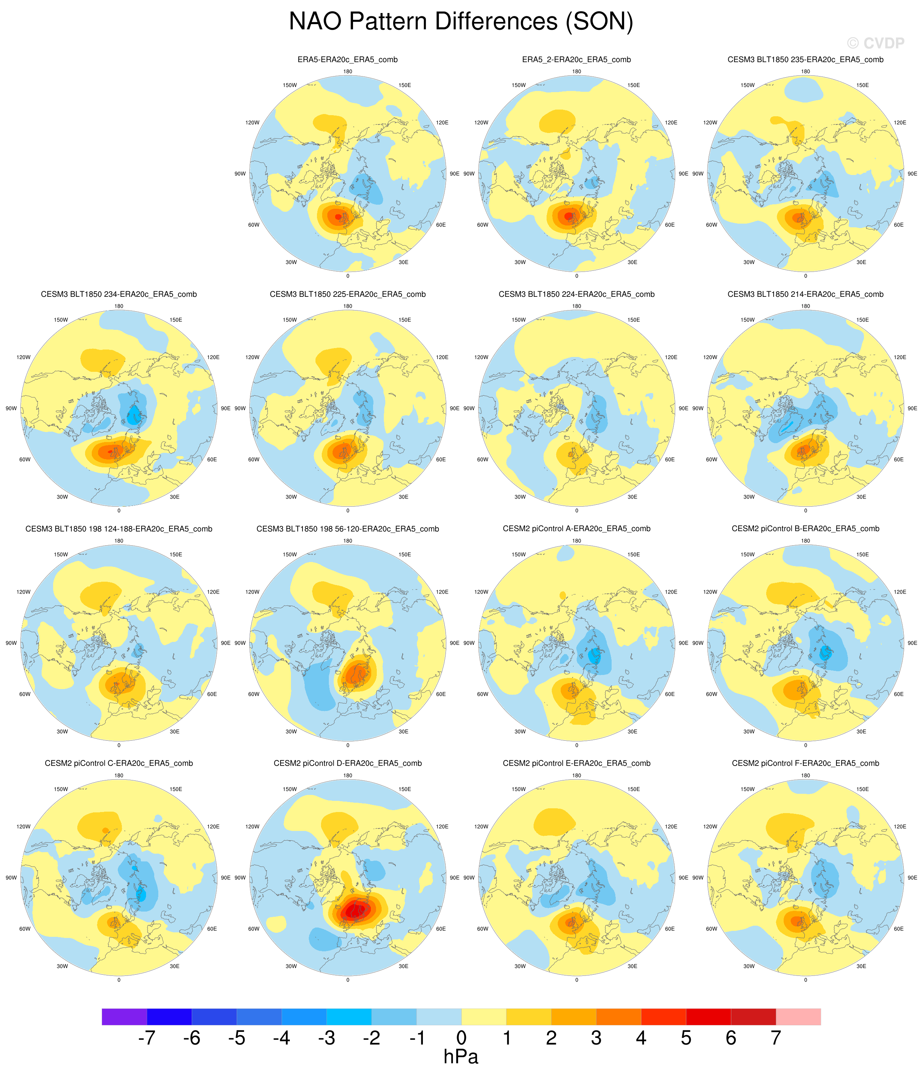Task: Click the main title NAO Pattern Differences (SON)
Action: [x=461, y=22]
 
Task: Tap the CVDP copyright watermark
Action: [x=875, y=43]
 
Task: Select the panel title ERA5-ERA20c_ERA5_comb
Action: [x=347, y=60]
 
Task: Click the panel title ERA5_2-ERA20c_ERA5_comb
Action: [x=576, y=60]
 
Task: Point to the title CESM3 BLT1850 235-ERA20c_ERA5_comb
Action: [x=805, y=60]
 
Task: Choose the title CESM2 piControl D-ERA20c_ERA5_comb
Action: [x=347, y=763]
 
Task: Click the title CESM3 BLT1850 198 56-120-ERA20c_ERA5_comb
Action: [x=347, y=529]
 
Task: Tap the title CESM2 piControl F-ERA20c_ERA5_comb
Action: [x=805, y=763]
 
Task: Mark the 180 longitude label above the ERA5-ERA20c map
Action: [x=347, y=72]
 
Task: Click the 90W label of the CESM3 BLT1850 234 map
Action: [x=11, y=408]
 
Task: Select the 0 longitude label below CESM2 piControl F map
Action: [x=805, y=980]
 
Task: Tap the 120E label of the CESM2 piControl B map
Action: [x=900, y=592]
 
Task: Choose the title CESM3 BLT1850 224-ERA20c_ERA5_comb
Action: [x=576, y=294]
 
